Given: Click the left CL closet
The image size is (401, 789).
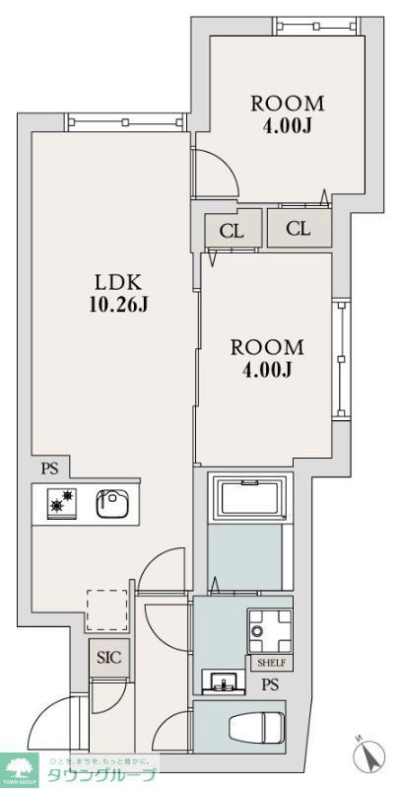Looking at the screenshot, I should [233, 232].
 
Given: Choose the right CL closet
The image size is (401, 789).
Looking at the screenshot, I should [299, 229].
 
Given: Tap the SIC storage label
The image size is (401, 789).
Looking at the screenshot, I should [108, 657].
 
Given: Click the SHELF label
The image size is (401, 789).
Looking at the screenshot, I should [272, 663].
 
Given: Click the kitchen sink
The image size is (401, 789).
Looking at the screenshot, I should [111, 505].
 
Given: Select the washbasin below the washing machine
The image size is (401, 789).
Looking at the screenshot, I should [221, 681].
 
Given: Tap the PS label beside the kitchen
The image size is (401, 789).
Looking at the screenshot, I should [49, 468].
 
